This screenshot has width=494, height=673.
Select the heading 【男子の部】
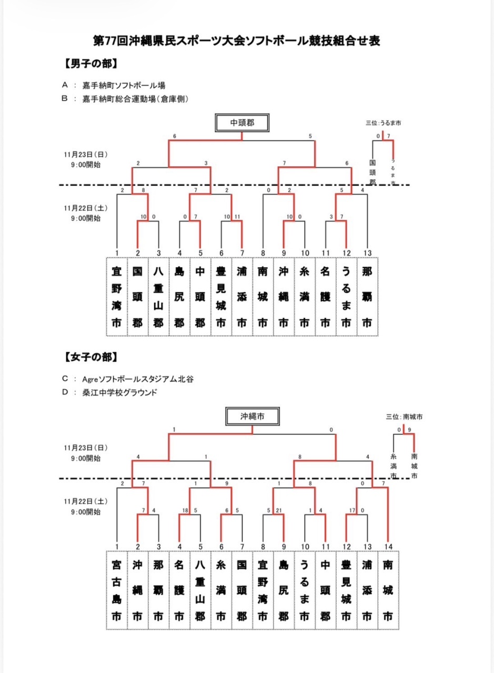click(89, 64)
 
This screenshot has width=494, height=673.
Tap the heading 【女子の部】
click(89, 357)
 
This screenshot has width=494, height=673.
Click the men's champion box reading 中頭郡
click(242, 123)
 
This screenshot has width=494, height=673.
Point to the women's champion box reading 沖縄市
click(253, 416)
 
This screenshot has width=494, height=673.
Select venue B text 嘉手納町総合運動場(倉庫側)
click(135, 98)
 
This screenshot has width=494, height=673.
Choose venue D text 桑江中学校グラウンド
click(116, 392)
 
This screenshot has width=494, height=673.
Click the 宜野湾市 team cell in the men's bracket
click(117, 297)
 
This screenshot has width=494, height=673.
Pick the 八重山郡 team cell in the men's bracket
click(158, 297)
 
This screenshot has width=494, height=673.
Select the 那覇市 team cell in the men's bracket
click(367, 297)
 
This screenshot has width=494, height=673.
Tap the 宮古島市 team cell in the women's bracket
click(117, 590)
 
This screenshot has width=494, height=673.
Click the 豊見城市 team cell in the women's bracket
click(346, 590)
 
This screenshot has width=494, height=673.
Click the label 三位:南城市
click(404, 416)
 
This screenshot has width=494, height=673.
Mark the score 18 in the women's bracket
click(185, 510)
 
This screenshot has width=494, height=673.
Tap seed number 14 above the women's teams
click(388, 546)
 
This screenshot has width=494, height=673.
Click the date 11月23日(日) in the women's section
click(86, 448)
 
